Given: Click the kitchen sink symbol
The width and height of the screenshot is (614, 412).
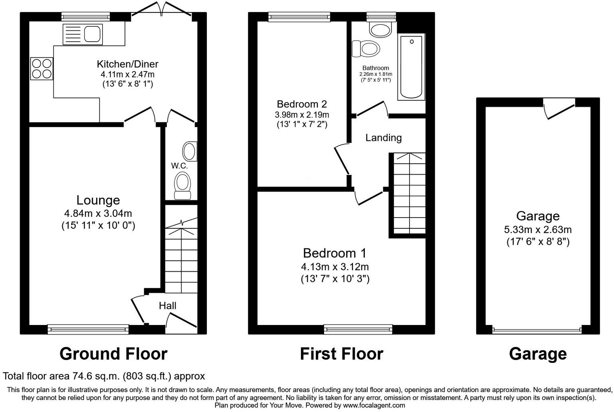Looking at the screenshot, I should (83, 34).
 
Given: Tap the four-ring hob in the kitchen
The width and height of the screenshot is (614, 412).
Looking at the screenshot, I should (42, 69).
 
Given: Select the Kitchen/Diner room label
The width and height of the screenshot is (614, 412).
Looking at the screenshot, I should (127, 64).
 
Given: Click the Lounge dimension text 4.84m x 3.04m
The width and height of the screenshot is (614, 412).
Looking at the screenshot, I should (98, 214).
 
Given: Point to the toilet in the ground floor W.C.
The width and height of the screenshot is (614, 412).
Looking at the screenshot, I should (183, 186).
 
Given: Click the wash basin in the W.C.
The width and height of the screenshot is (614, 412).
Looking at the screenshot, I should (189, 151).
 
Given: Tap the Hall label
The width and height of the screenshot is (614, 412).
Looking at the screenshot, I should (167, 306).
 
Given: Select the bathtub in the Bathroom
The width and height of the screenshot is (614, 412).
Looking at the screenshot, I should (411, 67).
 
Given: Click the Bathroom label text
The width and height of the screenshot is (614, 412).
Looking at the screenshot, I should (375, 68).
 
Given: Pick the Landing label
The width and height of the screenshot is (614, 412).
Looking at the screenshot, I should (383, 138).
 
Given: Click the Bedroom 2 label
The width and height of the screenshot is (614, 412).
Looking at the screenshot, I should (302, 104).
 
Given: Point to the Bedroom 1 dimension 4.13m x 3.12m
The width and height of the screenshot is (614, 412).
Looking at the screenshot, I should (335, 267).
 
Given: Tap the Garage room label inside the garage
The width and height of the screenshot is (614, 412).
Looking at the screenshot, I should (537, 216).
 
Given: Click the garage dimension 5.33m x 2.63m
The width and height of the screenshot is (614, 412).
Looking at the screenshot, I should (537, 230).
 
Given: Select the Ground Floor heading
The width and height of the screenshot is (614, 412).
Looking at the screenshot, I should (113, 354).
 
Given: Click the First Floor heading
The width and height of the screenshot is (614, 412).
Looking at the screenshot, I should (341, 354).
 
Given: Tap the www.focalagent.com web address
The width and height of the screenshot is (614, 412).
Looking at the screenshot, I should (374, 405).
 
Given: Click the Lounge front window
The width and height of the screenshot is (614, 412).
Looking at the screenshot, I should (88, 329).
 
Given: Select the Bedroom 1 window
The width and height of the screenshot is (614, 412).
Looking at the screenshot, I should (358, 329).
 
